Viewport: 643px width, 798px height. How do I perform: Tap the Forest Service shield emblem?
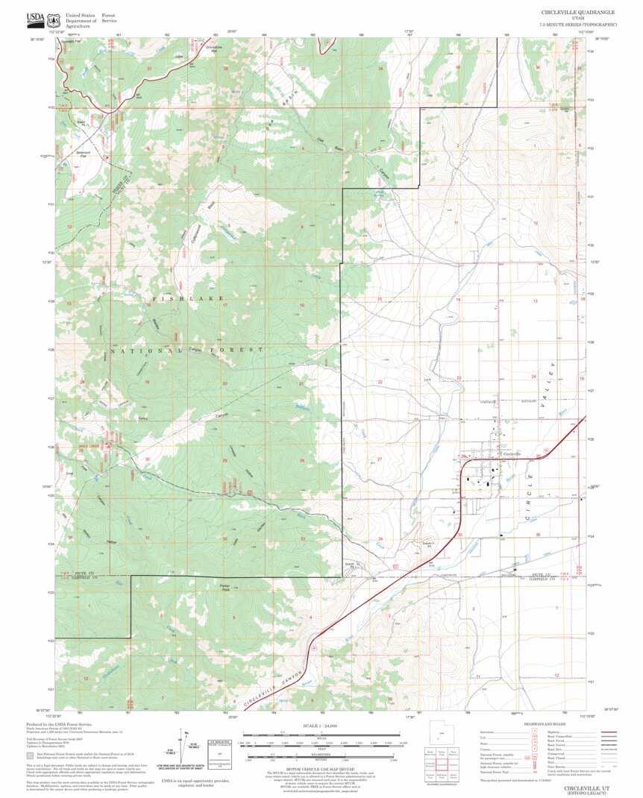click(x=52, y=17)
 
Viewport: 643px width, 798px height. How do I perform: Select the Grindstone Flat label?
click(x=215, y=48)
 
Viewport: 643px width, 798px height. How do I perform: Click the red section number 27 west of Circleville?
click(x=380, y=459)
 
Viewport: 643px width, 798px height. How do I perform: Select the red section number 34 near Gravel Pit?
click(x=380, y=538)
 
